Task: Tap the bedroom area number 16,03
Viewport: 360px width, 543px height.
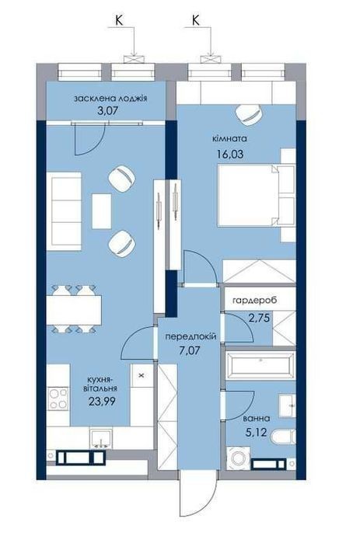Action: [230, 154]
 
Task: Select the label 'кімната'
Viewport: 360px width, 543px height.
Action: [229, 139]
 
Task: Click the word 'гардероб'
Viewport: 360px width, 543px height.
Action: [255, 301]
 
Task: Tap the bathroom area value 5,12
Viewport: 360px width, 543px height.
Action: [257, 432]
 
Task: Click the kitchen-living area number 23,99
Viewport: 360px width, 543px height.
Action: [102, 402]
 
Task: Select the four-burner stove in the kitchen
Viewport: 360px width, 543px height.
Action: [58, 399]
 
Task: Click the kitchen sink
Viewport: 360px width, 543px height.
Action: [101, 438]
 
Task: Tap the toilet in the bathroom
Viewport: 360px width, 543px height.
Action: [284, 437]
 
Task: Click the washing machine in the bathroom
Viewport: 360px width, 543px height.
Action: [237, 458]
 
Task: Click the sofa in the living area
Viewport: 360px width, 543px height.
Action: [64, 211]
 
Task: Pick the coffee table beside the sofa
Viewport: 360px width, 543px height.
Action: [102, 211]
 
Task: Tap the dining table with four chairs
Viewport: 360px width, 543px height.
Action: [74, 309]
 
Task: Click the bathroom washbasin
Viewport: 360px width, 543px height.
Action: [287, 406]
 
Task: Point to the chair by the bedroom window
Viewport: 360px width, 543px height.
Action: [249, 115]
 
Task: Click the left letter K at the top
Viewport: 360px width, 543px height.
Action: [119, 21]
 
